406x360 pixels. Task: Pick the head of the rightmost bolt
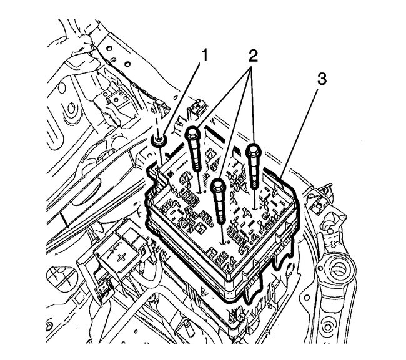(254, 150)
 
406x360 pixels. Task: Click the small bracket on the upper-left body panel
(116, 97)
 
